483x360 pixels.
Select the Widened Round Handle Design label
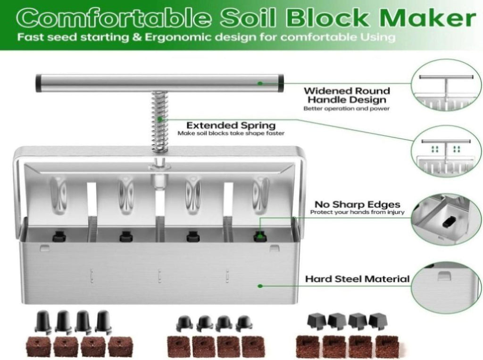pyautogui.click(x=347, y=95)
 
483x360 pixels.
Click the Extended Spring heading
pyautogui.click(x=231, y=126)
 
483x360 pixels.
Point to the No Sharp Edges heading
pyautogui.click(x=358, y=204)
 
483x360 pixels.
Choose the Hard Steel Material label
pyautogui.click(x=358, y=279)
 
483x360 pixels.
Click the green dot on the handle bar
pyautogui.click(x=260, y=83)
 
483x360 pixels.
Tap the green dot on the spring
pyautogui.click(x=159, y=119)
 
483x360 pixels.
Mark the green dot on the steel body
pyautogui.click(x=260, y=286)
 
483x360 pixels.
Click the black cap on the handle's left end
pyautogui.click(x=39, y=83)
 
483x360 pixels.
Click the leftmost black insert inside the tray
pyautogui.click(x=58, y=237)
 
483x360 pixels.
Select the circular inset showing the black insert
pyautogui.click(x=447, y=219)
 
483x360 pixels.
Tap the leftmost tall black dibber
pyautogui.click(x=44, y=320)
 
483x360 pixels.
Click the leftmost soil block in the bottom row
pyautogui.click(x=39, y=347)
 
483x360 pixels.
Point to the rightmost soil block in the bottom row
pyautogui.click(x=387, y=346)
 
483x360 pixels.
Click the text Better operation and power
pyautogui.click(x=347, y=109)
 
